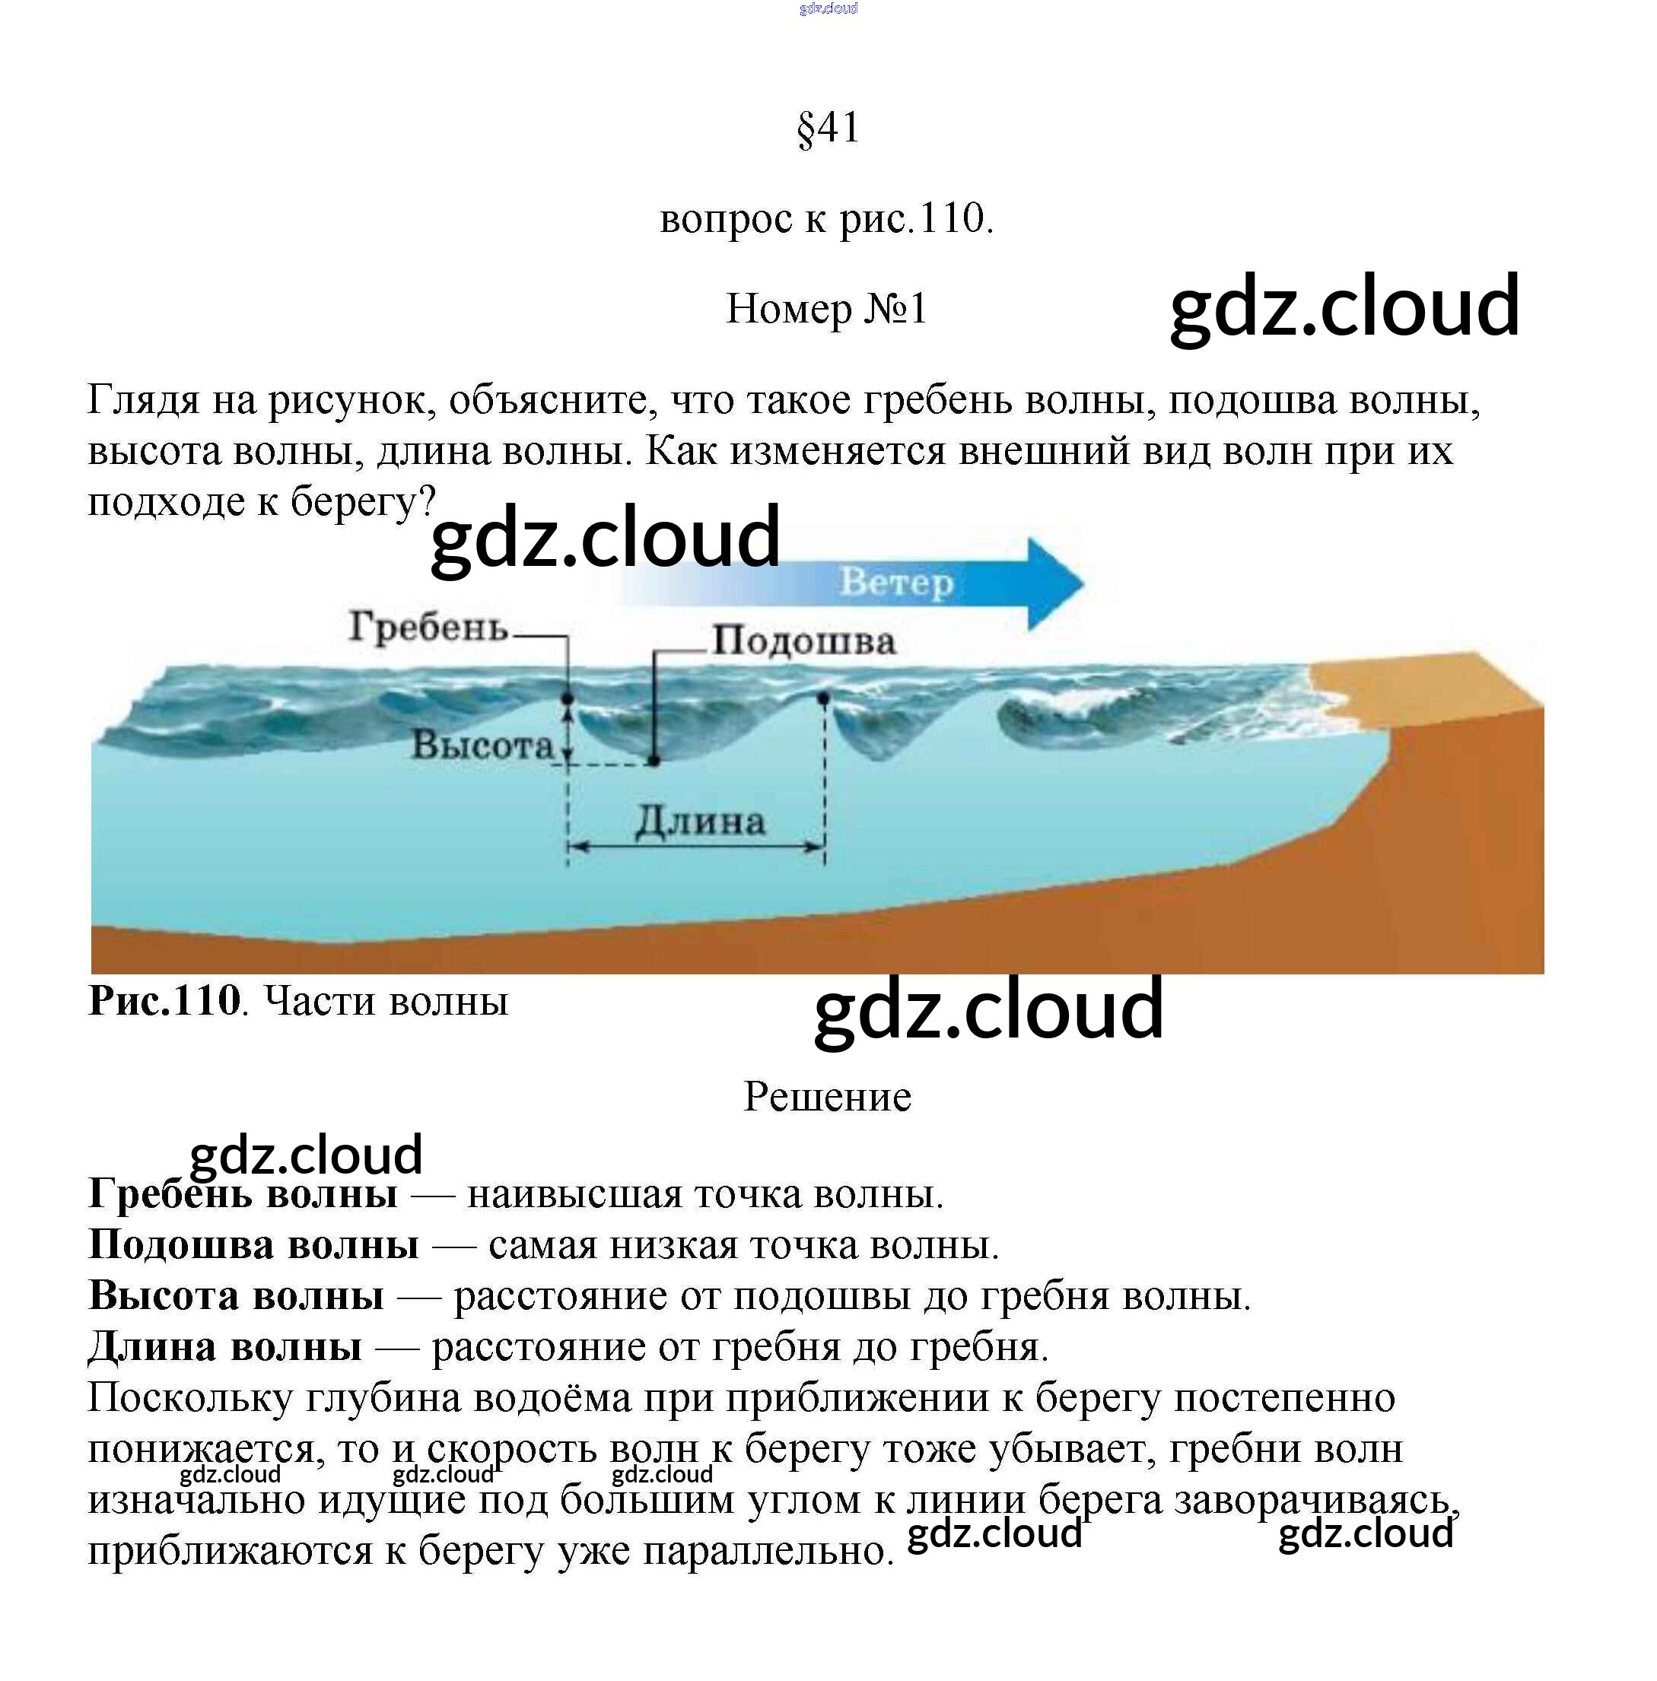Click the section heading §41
[828, 128]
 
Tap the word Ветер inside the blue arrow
[896, 582]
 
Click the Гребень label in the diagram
[428, 627]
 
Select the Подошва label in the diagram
[803, 641]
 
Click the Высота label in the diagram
[482, 745]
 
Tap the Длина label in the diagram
[700, 821]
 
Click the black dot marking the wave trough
[654, 761]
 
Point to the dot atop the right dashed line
[823, 698]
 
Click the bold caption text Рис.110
[164, 1000]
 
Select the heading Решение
[827, 1096]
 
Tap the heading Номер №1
[827, 309]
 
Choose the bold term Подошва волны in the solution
[253, 1245]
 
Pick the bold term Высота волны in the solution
[236, 1296]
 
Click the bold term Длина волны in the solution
[224, 1347]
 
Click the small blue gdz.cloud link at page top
[828, 8]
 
